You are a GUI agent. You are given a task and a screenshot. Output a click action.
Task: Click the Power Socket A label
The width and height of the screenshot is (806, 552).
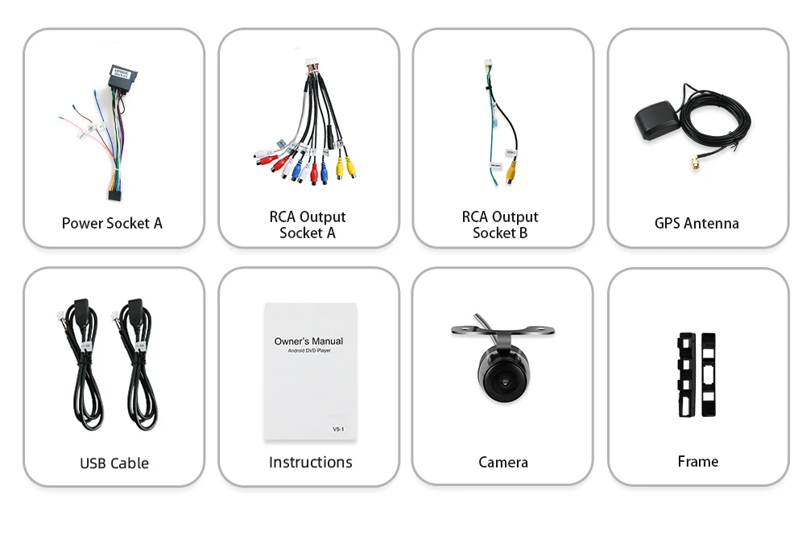[112, 223]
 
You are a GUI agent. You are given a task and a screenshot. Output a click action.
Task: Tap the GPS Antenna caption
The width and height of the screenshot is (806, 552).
[696, 223]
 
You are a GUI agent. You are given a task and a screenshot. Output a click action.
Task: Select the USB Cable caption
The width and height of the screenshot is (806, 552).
[114, 463]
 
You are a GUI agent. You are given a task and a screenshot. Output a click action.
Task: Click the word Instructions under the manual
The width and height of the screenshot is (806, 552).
[310, 462]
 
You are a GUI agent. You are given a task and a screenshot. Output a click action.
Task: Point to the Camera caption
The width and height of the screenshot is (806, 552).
[502, 462]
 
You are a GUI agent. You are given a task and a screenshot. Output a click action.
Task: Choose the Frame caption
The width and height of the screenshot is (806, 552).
[697, 461]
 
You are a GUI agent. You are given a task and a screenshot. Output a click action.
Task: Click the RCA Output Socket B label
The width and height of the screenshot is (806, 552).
[500, 225]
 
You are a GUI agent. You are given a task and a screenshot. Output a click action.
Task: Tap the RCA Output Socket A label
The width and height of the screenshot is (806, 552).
[307, 225]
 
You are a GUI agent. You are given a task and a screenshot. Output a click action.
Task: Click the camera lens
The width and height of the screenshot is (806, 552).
[502, 379]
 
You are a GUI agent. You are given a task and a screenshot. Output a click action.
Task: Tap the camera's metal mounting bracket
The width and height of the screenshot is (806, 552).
[503, 331]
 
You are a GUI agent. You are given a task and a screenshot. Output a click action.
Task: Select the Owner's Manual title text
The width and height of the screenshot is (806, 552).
[308, 341]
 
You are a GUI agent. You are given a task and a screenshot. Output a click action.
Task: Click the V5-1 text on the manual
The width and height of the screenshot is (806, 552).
[338, 430]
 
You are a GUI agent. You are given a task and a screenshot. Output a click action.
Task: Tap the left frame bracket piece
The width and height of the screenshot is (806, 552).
[686, 374]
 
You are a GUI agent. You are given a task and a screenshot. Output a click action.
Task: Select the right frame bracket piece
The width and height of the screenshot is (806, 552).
[708, 374]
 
